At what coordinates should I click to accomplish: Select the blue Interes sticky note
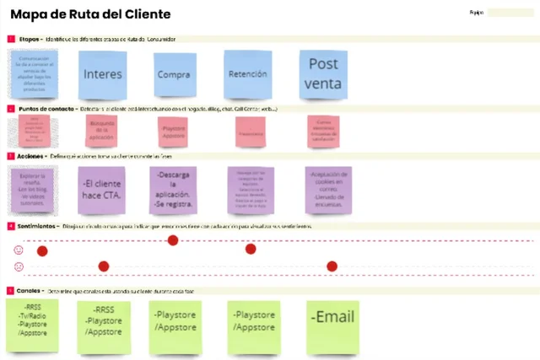point(103,73)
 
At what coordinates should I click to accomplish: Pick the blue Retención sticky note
point(247,73)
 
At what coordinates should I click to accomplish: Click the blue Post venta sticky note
point(323,73)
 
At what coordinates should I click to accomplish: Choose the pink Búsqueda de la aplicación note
point(102,129)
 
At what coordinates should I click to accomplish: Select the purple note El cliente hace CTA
point(102,189)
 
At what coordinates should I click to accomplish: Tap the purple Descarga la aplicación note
point(173,189)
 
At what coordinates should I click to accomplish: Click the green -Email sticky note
point(332,325)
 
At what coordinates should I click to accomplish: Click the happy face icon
point(19,250)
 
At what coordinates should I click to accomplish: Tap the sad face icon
point(19,266)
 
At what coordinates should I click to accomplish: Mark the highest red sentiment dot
point(173,240)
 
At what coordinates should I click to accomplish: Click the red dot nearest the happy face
point(42,250)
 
